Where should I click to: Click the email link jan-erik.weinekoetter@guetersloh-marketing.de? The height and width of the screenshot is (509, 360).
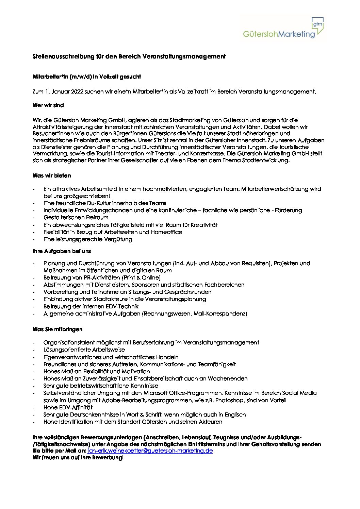pyautogui.click(x=150, y=451)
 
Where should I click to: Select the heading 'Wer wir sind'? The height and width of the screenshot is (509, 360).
pyautogui.click(x=48, y=105)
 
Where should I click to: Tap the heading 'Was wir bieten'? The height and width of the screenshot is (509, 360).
pyautogui.click(x=52, y=176)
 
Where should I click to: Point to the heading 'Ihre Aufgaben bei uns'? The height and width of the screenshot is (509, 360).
pyautogui.click(x=62, y=251)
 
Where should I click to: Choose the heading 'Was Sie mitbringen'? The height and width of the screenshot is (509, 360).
pyautogui.click(x=58, y=329)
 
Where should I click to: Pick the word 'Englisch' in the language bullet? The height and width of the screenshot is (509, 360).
pyautogui.click(x=235, y=414)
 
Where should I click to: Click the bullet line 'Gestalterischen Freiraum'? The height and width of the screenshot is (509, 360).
pyautogui.click(x=76, y=217)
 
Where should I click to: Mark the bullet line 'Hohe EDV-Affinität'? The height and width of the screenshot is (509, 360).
pyautogui.click(x=68, y=407)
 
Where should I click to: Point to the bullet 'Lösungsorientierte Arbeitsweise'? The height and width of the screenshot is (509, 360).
pyautogui.click(x=84, y=350)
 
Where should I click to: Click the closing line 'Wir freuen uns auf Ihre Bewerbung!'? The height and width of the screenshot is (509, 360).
pyautogui.click(x=78, y=458)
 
